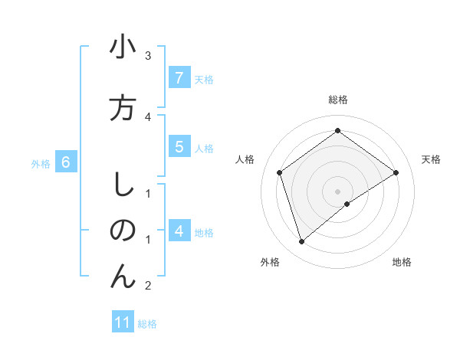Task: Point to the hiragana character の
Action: point(123,231)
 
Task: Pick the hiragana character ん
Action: point(123,277)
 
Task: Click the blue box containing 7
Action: point(179,78)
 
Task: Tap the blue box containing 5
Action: point(179,147)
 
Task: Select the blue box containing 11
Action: point(123,322)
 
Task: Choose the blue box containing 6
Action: point(66,162)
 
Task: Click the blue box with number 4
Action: point(179,231)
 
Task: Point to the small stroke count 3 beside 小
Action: point(148,56)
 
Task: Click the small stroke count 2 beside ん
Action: point(148,286)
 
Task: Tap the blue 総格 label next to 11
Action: point(147,324)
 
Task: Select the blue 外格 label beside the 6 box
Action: point(41,163)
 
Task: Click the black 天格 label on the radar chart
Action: point(431,159)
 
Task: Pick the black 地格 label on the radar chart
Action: point(402,263)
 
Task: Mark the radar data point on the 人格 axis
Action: point(280,172)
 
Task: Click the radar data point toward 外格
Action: point(302,242)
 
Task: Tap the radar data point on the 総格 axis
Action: point(337,131)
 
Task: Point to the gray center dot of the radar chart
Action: point(337,191)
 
